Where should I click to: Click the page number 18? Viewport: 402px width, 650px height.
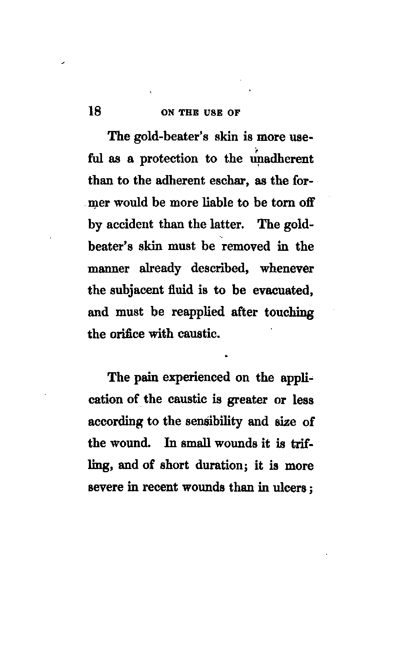95,111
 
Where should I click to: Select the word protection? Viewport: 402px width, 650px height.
169,159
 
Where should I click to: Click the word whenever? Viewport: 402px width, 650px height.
287,269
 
